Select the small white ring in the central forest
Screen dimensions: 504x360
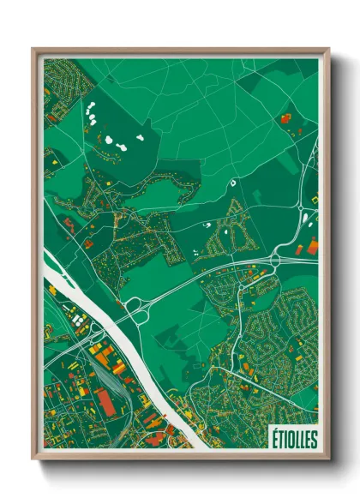pos(232,182)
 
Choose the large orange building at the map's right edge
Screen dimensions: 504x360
pos(312,246)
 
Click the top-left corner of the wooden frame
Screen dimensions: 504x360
pos(34,50)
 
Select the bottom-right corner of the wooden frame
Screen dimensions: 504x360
pos(327,459)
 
